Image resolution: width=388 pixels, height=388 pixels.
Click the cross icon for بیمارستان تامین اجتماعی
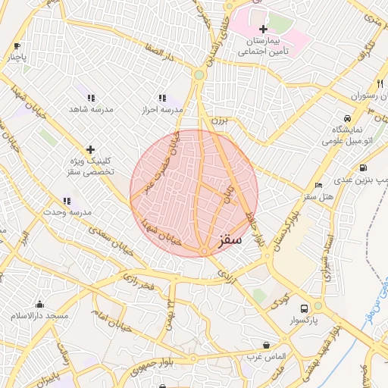pyautogui.click(x=263, y=29)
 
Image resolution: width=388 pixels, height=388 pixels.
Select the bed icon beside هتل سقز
pyautogui.click(x=318, y=185)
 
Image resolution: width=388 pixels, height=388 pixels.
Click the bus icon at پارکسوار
pyautogui.click(x=304, y=308)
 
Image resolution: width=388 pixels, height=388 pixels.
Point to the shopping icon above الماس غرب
pyautogui.click(x=265, y=344)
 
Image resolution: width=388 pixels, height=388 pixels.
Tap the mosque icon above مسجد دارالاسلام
pyautogui.click(x=39, y=303)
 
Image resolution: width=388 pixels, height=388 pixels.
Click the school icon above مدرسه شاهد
pyautogui.click(x=91, y=98)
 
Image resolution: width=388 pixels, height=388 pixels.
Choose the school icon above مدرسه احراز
pyautogui.click(x=161, y=98)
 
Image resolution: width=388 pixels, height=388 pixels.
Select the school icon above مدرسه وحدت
pyautogui.click(x=67, y=201)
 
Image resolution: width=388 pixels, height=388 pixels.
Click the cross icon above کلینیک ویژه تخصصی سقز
pyautogui.click(x=90, y=149)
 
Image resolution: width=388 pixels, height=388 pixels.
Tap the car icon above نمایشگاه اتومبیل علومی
pyautogui.click(x=347, y=118)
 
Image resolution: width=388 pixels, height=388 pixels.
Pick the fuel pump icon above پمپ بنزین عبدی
pyautogui.click(x=364, y=167)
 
